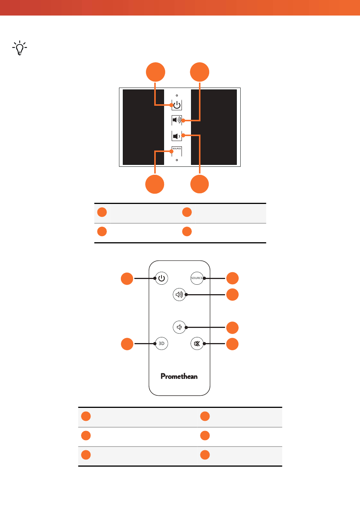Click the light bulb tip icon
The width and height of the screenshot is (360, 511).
click(x=20, y=48)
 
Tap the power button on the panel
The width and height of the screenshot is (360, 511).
click(x=177, y=105)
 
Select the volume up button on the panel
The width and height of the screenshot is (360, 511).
click(x=177, y=120)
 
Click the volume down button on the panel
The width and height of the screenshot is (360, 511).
click(x=177, y=136)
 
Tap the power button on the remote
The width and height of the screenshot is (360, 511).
click(x=161, y=278)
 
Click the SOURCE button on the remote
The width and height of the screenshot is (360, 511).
click(x=197, y=278)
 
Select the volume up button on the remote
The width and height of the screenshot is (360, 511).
click(x=179, y=295)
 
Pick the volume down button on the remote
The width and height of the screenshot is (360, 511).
click(x=179, y=327)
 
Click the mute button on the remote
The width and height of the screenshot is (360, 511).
click(x=197, y=343)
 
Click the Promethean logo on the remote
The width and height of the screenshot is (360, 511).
click(x=179, y=376)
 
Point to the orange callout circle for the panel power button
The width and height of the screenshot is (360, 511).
click(x=155, y=72)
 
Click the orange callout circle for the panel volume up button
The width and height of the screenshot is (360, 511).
click(x=199, y=72)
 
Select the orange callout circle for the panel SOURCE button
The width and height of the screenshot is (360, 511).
click(x=155, y=184)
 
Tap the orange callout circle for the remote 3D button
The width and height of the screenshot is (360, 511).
click(x=127, y=344)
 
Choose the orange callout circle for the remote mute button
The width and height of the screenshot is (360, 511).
click(x=232, y=344)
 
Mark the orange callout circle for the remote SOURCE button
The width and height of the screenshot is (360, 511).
click(x=232, y=278)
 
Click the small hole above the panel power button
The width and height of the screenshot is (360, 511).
click(x=177, y=96)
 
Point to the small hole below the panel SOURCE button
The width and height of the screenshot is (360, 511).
click(x=177, y=160)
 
